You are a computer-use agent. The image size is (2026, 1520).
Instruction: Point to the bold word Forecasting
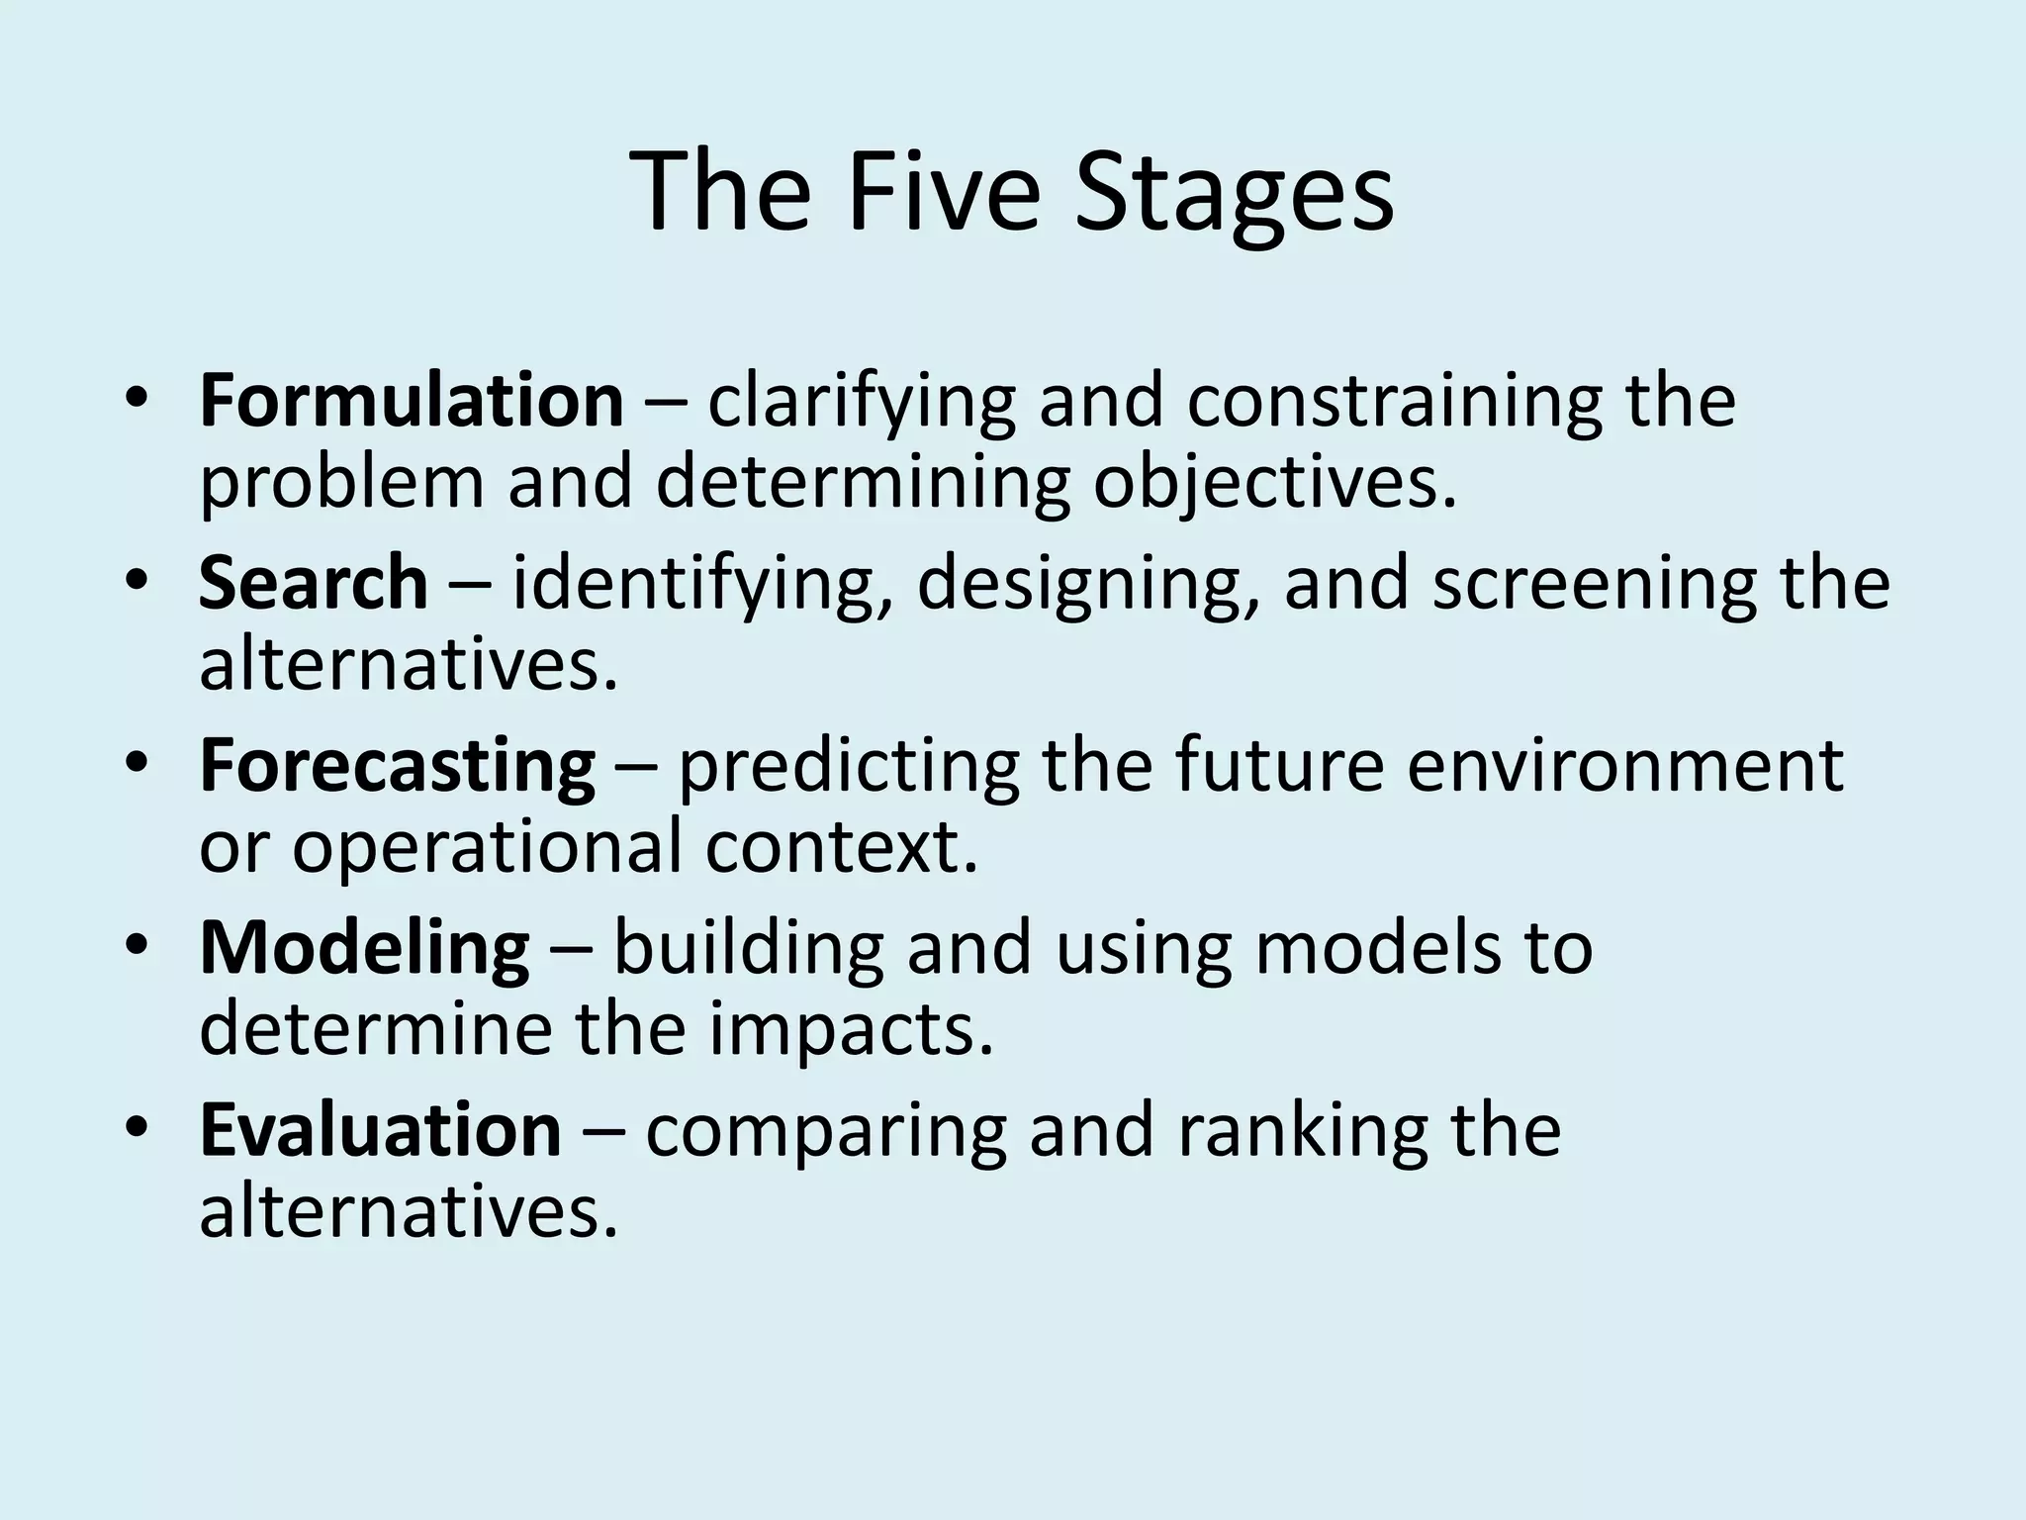click(397, 766)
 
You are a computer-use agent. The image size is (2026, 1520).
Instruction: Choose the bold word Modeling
click(364, 948)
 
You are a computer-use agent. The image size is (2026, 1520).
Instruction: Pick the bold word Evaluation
click(380, 1130)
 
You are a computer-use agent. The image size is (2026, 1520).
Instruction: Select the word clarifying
click(861, 402)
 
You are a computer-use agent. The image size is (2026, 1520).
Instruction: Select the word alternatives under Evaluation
click(408, 1213)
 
